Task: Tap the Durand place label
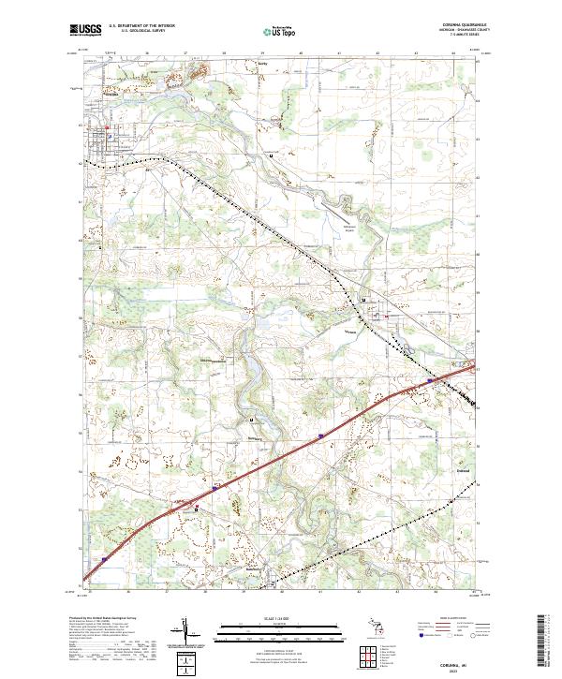pyautogui.click(x=463, y=471)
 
